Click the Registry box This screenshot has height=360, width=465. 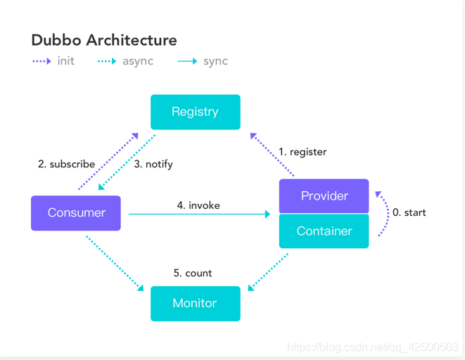pos(196,112)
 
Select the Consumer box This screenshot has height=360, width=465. pos(76,213)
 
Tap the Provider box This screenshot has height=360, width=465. pos(324,196)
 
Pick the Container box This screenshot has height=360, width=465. pos(324,231)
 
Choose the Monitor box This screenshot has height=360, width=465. pos(196,304)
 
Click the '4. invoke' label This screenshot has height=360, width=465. pos(198,205)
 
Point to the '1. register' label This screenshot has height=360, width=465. pos(302,152)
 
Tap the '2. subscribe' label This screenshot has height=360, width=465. pos(66,164)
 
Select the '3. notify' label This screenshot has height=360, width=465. pos(153,164)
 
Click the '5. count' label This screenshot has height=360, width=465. pos(193,273)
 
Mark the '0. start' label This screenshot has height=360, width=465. pos(409,212)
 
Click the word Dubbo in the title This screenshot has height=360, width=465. pos(56,40)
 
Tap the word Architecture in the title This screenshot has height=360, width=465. pos(132,40)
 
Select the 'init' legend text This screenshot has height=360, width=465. pos(66,61)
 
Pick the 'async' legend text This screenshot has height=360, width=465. pos(138,61)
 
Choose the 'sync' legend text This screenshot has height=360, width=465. pos(215,61)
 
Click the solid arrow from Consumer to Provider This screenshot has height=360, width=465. pos(199,214)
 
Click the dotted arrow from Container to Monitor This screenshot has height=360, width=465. pos(268,272)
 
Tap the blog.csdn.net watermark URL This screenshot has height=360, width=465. pos(373,347)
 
